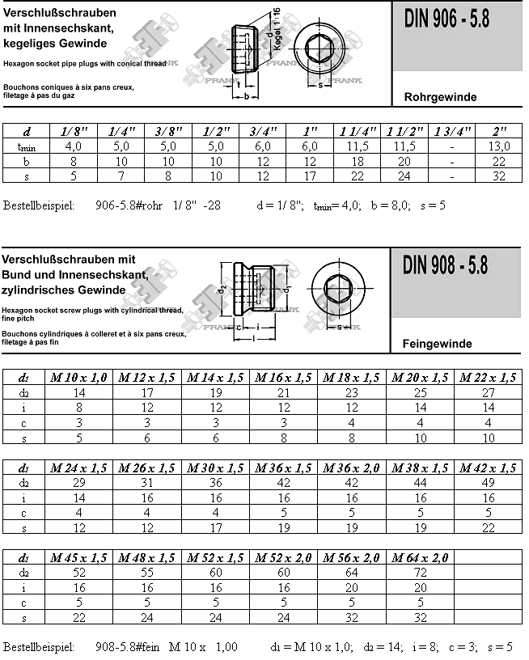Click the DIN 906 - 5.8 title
(446, 22)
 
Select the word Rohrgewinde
(439, 97)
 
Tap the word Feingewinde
(437, 344)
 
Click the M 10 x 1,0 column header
(78, 378)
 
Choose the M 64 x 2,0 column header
(419, 557)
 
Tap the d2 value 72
(419, 572)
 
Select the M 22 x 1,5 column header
(487, 378)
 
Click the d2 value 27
(487, 392)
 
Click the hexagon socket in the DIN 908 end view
(334, 289)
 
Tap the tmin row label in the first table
(26, 146)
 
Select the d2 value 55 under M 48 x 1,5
(147, 572)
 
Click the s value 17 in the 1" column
(309, 176)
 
